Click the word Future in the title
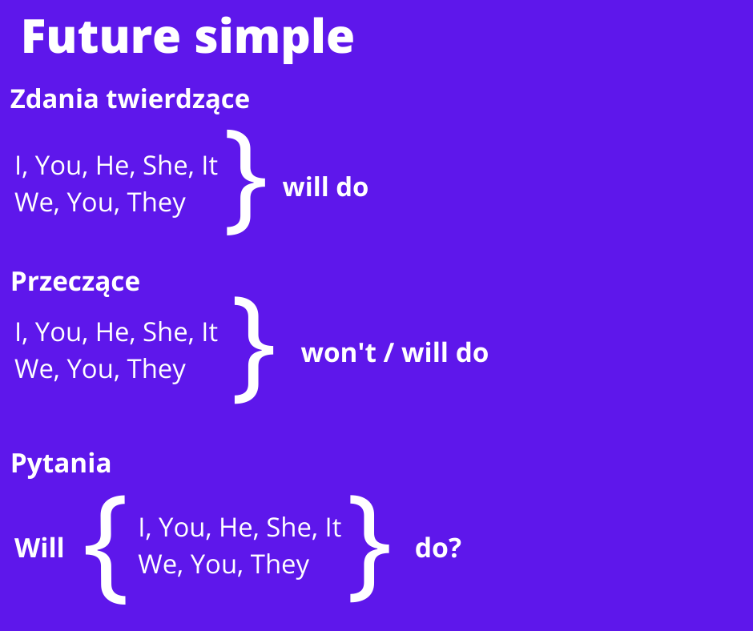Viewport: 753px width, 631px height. click(101, 37)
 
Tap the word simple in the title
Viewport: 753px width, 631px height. click(275, 40)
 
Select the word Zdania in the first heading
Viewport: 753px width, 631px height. click(54, 99)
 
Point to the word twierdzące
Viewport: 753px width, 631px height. click(178, 100)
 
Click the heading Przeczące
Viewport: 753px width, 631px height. click(75, 282)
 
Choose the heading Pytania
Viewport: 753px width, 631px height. click(61, 464)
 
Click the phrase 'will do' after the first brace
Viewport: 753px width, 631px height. click(325, 187)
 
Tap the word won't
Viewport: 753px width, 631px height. click(339, 353)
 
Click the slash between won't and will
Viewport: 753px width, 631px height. click(389, 353)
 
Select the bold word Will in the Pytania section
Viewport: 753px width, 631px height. click(39, 548)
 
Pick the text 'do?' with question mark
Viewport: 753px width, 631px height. click(438, 548)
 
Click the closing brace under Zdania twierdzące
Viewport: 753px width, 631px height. click(246, 183)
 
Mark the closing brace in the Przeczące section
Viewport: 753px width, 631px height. click(254, 350)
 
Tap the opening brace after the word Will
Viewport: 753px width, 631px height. click(106, 550)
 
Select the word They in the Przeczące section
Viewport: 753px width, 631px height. click(156, 370)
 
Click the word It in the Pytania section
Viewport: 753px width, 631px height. click(333, 528)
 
